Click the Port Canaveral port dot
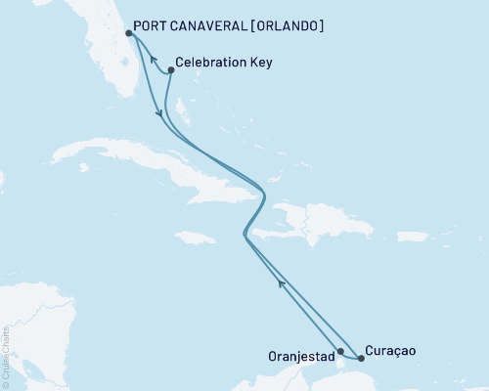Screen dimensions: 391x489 130,33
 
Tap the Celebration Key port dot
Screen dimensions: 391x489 171,69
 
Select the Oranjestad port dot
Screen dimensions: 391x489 340,351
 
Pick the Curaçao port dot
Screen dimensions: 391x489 361,358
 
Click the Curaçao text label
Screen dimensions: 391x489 393,349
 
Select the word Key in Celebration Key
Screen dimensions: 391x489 259,63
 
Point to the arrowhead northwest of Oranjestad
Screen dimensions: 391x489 282,283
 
